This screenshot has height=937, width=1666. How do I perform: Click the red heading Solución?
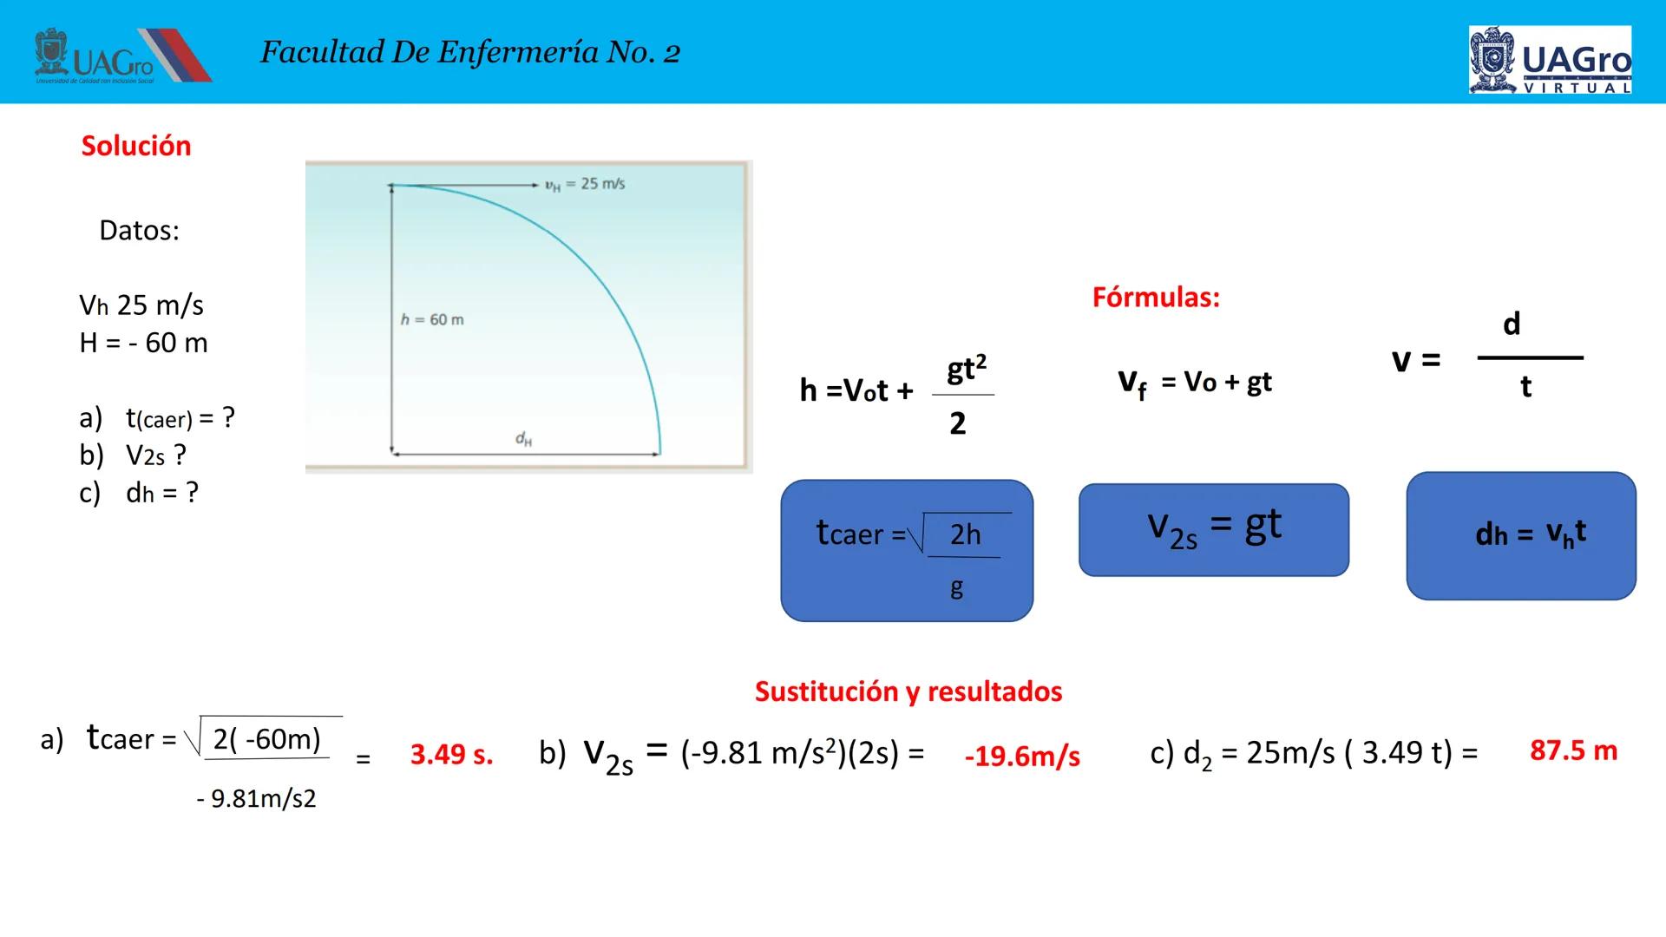pos(136,146)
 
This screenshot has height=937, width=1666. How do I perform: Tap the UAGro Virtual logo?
pos(1550,59)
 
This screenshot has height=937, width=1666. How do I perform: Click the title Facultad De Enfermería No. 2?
pos(470,52)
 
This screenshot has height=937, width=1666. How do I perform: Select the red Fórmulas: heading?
pos(1156,298)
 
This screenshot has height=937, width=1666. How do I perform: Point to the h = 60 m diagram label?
pos(432,319)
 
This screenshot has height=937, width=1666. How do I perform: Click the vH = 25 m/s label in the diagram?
pos(585,184)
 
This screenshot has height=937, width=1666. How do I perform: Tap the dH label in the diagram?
pos(524,439)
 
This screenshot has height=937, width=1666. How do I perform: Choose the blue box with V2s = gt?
pos(1214,530)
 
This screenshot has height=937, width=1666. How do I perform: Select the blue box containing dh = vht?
pos(1521,535)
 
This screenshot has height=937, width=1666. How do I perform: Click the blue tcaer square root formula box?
pos(907,550)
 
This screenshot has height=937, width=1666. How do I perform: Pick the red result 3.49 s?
pos(452,754)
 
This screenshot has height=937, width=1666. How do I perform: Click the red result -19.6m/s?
pos(1022,757)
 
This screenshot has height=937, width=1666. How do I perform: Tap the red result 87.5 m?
pos(1574,750)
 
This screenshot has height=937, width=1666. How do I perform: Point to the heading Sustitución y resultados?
pos(908,691)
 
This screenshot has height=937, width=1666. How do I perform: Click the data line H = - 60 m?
pos(144,343)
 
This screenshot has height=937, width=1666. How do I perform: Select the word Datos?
pos(139,230)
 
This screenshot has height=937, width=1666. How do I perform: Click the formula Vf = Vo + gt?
pos(1195,383)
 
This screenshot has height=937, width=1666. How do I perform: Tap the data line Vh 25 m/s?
pos(141,305)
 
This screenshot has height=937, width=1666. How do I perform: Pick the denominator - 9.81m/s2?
pos(257,798)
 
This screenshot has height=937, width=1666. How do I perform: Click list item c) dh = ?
pos(139,493)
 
